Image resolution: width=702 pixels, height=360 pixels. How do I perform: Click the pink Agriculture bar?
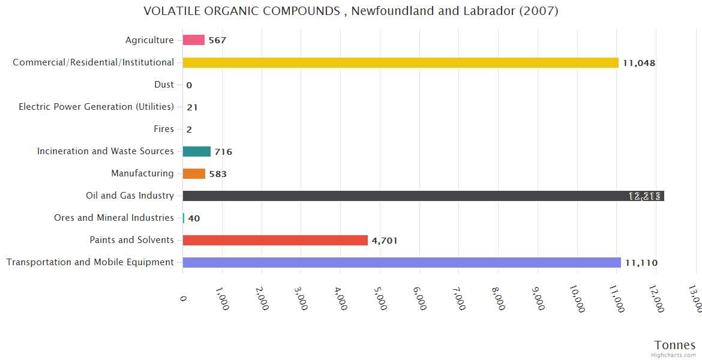193,40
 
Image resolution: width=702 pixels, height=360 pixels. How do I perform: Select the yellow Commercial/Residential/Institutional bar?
400,62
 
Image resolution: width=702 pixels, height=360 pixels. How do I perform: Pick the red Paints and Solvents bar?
275,240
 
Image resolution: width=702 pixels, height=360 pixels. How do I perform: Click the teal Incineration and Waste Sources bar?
196,151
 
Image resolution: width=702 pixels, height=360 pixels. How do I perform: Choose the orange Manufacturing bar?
194,173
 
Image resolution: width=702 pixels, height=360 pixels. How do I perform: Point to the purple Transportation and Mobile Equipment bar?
401,262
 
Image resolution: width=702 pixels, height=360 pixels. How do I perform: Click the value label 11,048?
639,63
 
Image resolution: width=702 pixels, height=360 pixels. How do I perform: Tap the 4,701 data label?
385,241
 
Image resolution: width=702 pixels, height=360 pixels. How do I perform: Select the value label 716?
223,152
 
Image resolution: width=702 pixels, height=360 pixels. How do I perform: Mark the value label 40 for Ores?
194,218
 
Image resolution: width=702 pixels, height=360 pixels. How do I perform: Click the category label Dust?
164,85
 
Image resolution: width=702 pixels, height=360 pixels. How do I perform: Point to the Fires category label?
164,129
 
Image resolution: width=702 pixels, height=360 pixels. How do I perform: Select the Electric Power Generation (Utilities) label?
96,107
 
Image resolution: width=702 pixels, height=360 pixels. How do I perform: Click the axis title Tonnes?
674,345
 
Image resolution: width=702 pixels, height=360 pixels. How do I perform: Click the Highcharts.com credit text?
674,355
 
